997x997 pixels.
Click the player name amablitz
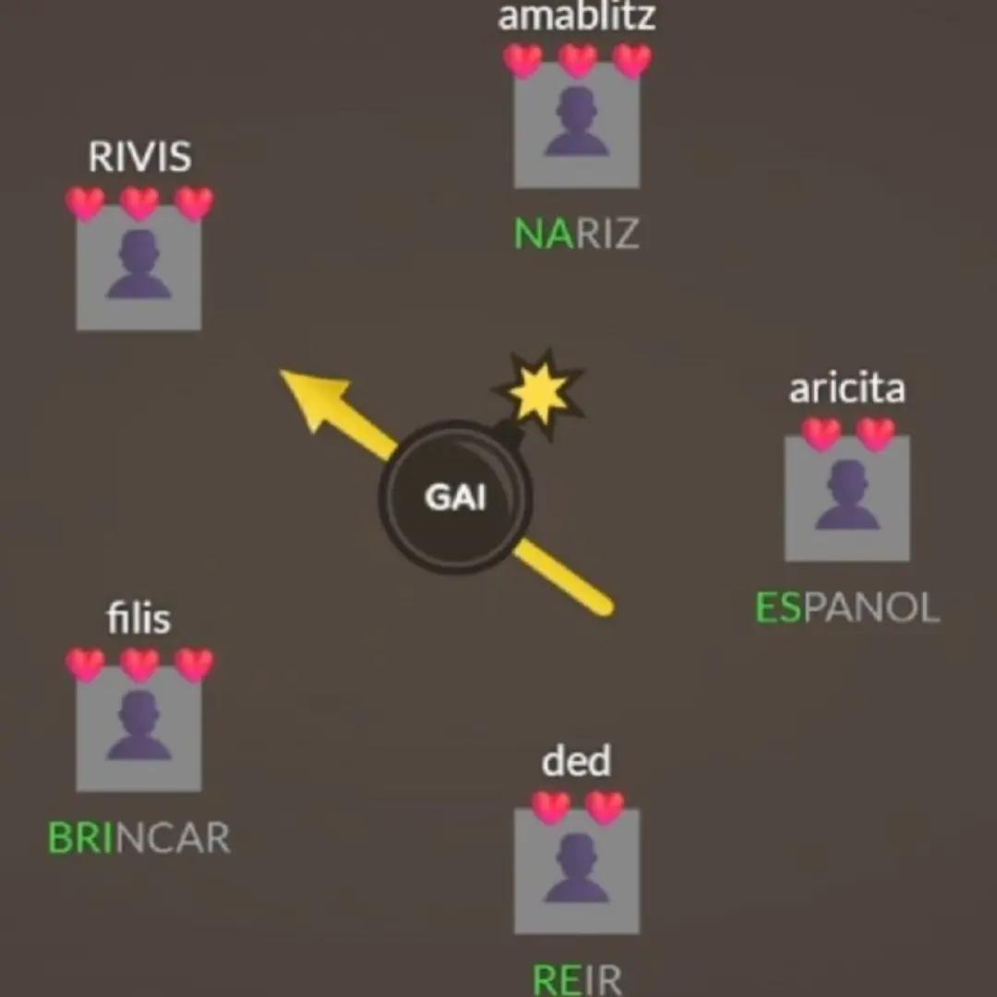tap(576, 17)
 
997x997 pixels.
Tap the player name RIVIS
tap(140, 156)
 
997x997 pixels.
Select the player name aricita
tap(847, 389)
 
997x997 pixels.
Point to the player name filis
tap(138, 618)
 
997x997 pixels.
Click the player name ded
tap(576, 761)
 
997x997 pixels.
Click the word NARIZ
tap(576, 234)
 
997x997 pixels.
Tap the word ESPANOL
tap(847, 607)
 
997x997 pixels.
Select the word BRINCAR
tap(138, 837)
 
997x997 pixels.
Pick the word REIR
tap(576, 979)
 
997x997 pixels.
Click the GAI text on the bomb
tap(455, 498)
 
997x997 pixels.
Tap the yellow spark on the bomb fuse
tap(539, 393)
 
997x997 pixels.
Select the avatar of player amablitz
tap(577, 126)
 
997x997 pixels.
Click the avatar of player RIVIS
tap(138, 268)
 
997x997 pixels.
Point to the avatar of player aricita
tap(847, 498)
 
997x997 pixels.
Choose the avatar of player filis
tap(138, 728)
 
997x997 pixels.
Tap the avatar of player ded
tap(577, 871)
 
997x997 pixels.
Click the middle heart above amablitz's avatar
tap(577, 60)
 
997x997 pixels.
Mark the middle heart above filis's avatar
tap(140, 665)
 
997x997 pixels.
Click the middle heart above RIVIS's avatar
tap(140, 203)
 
